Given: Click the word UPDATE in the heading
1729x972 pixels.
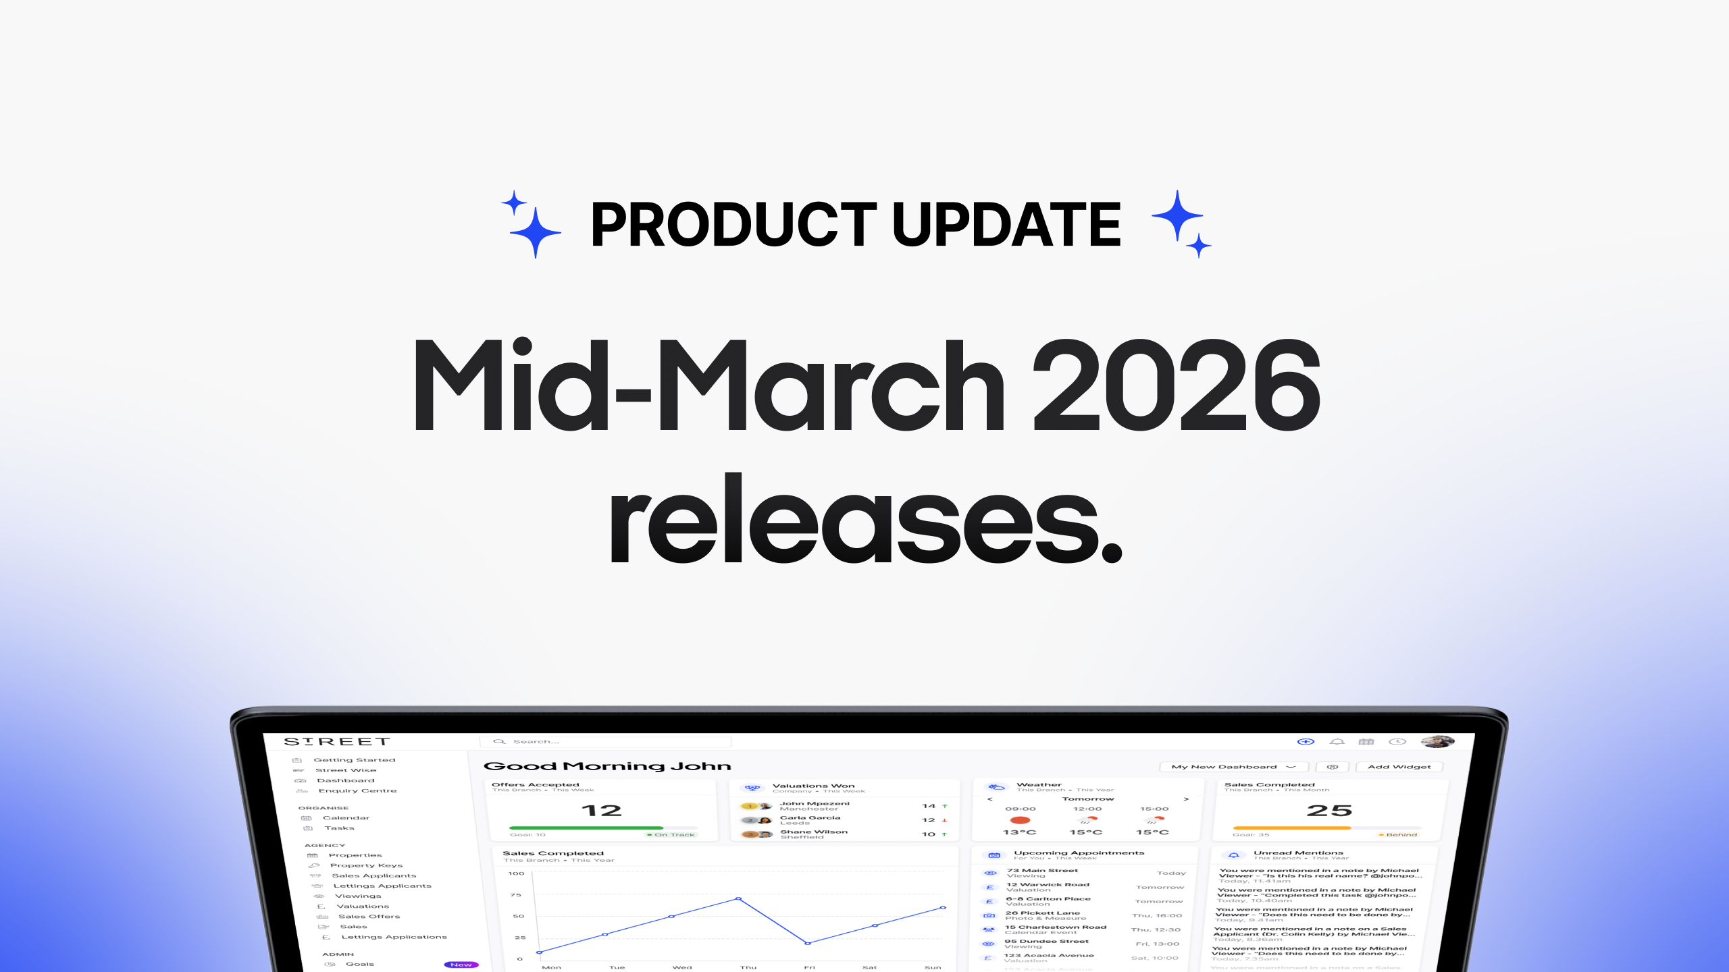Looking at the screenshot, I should [x=1006, y=225].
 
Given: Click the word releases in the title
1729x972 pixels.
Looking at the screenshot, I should [x=864, y=520].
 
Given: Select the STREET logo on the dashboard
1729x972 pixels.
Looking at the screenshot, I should [x=337, y=742].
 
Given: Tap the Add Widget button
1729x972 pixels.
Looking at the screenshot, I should [x=1399, y=767].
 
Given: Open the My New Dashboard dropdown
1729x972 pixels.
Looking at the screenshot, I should [x=1233, y=767].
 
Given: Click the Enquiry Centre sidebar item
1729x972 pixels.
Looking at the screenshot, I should [x=357, y=790].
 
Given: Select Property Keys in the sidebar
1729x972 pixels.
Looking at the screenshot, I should [x=366, y=865].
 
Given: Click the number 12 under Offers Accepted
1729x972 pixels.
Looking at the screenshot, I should [x=601, y=811].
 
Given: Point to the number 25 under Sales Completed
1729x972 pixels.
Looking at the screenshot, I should [x=1329, y=811].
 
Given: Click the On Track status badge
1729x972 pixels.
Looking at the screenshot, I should [x=672, y=835].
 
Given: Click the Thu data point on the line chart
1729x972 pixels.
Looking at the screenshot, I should [x=739, y=899].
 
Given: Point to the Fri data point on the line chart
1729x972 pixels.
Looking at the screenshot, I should [x=808, y=943].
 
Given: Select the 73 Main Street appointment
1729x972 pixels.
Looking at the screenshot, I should [x=1042, y=871].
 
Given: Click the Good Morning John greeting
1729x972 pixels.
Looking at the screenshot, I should [x=607, y=766].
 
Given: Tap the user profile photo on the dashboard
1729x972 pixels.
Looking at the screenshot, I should [x=1438, y=742].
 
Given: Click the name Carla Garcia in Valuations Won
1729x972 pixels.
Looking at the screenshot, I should [x=810, y=817].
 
